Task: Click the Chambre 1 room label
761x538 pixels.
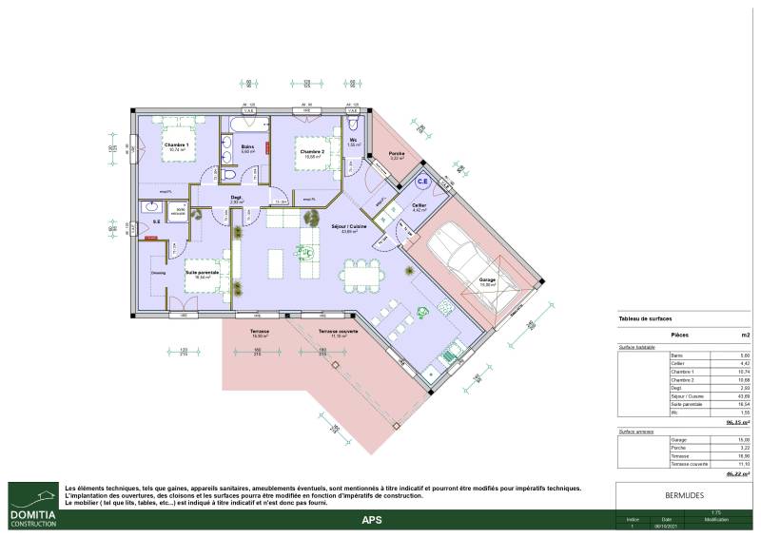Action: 178,144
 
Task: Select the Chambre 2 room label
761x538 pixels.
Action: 313,152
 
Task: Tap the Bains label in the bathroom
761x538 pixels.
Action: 247,146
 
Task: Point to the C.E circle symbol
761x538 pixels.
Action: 422,179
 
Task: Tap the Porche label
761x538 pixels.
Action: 398,154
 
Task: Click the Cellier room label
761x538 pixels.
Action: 419,205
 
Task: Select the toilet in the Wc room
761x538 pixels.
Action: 354,125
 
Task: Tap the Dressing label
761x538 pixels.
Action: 157,273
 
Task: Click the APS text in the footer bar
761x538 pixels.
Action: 372,520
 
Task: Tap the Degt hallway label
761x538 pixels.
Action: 236,198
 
